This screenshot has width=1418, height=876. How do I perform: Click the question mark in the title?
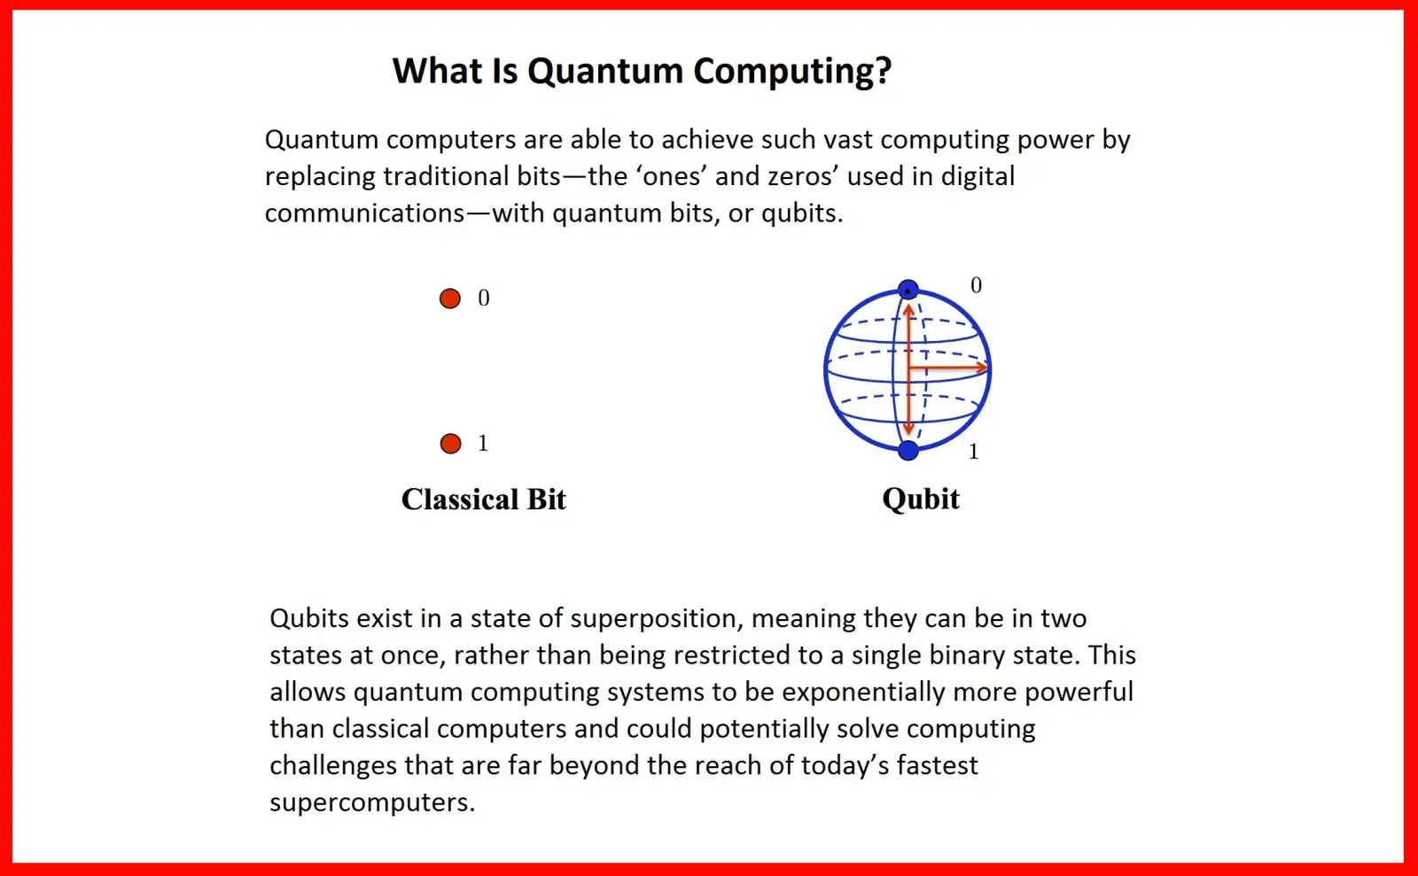coord(883,70)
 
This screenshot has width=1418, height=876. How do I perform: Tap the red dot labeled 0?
coord(450,298)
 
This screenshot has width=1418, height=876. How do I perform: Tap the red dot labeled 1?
coord(451,444)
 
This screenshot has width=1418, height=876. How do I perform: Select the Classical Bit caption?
coord(484,499)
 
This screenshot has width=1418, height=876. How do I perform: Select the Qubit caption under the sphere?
coord(921,500)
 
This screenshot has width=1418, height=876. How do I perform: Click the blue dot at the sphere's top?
coord(908,289)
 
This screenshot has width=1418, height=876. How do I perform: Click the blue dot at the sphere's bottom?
coord(908,450)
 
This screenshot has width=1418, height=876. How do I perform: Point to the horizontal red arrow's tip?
coord(987,368)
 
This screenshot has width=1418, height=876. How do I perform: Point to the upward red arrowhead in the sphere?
coord(908,310)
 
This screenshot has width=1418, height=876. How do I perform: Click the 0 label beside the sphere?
coord(976,285)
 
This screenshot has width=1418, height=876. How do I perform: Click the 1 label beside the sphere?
coord(974,452)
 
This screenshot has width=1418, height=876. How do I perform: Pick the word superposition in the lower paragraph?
coord(657,619)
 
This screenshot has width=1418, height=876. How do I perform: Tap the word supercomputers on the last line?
coord(371,802)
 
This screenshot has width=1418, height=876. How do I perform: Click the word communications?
coord(364,213)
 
